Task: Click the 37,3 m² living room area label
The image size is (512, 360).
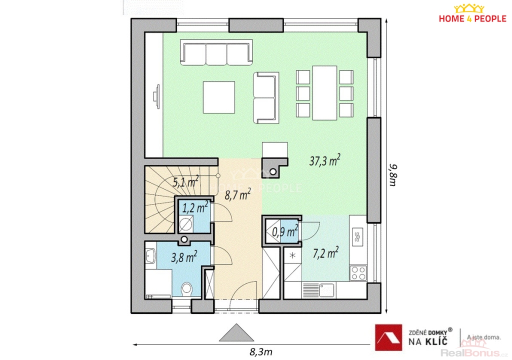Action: [324, 160]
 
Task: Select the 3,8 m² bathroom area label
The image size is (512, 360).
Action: [184, 257]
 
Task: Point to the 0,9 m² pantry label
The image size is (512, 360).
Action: [284, 231]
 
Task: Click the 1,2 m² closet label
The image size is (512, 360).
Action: [195, 207]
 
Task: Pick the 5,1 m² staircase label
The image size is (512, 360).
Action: [185, 181]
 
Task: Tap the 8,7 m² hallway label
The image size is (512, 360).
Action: [237, 194]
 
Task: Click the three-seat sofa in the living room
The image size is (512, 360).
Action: [216, 52]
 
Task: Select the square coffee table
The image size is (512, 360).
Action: [219, 97]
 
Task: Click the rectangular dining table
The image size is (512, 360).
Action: [324, 93]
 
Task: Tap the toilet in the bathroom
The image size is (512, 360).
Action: [186, 288]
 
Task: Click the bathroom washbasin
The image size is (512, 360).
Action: [150, 255]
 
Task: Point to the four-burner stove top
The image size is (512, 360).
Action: [358, 273]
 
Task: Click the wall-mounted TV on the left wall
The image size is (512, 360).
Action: [156, 96]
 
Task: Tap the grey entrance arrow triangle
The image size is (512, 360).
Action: [236, 332]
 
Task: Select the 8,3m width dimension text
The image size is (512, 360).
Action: [261, 352]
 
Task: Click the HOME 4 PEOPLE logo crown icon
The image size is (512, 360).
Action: [469, 8]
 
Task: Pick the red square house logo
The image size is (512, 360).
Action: [388, 337]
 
